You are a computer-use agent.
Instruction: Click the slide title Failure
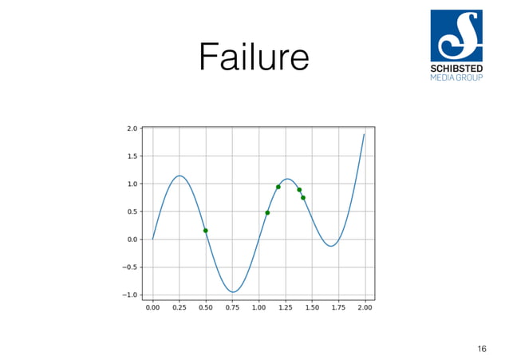(x=254, y=57)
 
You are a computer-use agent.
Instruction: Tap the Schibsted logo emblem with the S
(x=456, y=35)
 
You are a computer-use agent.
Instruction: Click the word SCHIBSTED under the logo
(x=456, y=69)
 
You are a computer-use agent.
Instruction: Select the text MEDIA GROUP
(x=456, y=77)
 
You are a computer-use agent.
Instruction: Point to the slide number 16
(x=481, y=348)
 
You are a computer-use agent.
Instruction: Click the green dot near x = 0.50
(x=206, y=231)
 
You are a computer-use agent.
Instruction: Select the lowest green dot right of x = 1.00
(x=267, y=212)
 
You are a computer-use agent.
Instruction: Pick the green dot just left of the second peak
(x=278, y=187)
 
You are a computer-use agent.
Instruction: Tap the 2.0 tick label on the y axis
(x=132, y=129)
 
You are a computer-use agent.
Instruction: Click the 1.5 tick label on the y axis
(x=132, y=156)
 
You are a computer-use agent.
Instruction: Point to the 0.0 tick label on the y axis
(x=132, y=239)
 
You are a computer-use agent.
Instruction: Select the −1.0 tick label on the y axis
(x=129, y=295)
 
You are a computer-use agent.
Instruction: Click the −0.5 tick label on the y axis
(x=129, y=267)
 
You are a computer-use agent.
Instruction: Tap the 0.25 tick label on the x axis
(x=179, y=307)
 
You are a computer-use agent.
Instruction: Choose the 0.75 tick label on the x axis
(x=232, y=307)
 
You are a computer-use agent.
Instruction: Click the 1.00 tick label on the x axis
(x=258, y=307)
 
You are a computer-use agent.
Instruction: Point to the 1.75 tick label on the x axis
(x=338, y=307)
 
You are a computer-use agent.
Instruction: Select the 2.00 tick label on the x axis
(x=365, y=307)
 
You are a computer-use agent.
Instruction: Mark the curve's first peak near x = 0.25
(x=180, y=176)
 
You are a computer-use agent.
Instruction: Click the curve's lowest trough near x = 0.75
(x=232, y=292)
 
